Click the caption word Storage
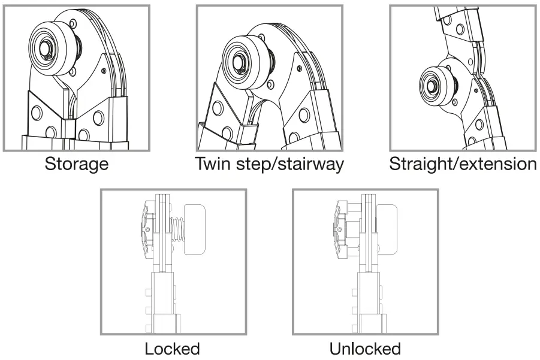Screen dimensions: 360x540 [x=77, y=164]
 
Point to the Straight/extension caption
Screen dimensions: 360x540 [x=463, y=164]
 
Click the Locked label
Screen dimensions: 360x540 [x=173, y=348]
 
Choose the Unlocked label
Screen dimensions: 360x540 [x=365, y=348]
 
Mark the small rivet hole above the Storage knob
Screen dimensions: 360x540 [x=73, y=24]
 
